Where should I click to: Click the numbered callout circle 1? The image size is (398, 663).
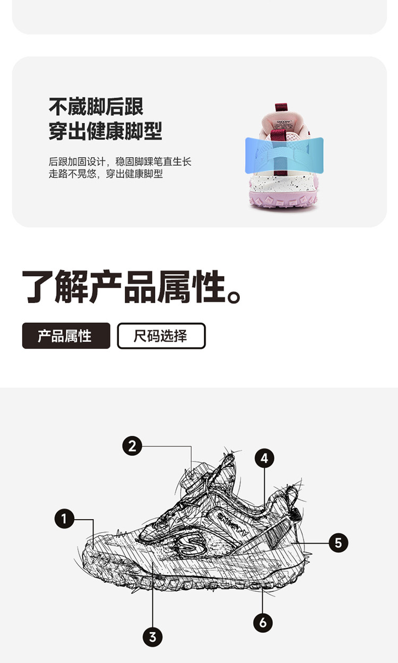point(64,518)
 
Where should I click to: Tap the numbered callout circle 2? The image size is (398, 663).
point(132,446)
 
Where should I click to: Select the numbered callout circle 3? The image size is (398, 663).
point(152,637)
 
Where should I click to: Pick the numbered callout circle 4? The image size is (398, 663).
point(264,458)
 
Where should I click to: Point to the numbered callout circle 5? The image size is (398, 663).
point(338,543)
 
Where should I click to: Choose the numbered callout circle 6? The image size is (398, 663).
point(263,623)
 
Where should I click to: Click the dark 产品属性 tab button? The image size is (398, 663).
point(66,335)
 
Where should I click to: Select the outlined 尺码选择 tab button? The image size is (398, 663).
point(161,335)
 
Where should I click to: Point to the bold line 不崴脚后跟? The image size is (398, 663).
point(96,107)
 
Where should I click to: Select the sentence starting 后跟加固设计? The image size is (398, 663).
point(120,161)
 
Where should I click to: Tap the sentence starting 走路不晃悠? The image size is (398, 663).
point(106,174)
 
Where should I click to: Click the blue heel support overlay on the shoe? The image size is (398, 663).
point(284,155)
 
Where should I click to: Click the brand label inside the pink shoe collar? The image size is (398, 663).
point(283,124)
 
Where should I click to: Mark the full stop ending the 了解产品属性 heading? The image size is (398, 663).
point(235,296)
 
